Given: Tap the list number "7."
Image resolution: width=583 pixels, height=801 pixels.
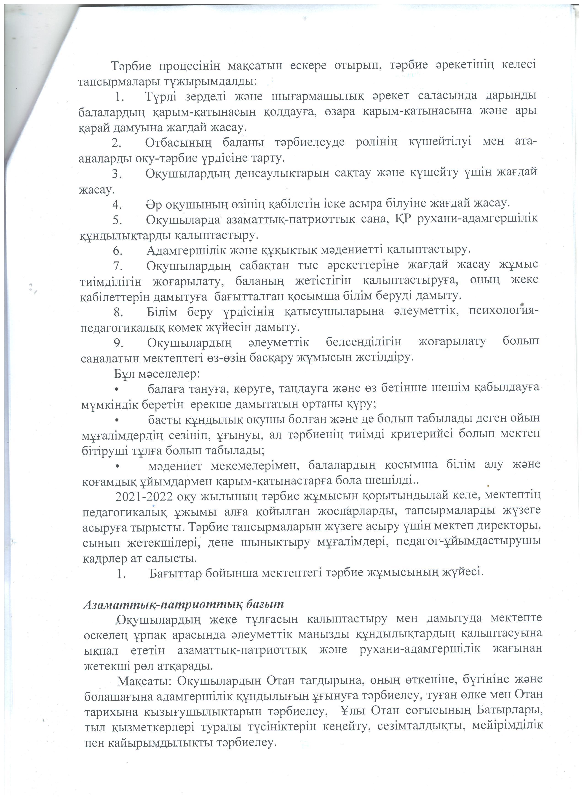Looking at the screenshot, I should pos(118,266).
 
